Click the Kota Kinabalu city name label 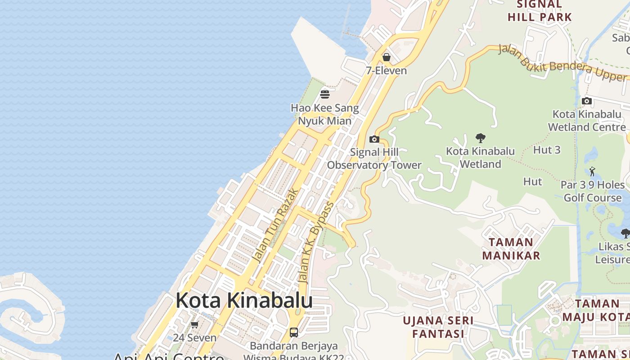pos(244,300)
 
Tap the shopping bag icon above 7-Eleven pos(386,57)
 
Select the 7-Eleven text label pos(386,71)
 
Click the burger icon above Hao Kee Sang pos(325,94)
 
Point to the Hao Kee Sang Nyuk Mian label pos(325,114)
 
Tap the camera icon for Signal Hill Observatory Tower pos(374,139)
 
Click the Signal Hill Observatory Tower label pos(374,158)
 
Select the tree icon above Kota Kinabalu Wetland pos(480,138)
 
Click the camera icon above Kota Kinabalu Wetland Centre pos(587,101)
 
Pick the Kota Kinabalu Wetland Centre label pos(587,121)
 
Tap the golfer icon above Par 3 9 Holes pos(592,171)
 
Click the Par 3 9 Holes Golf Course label pos(593,191)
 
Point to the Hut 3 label pos(547,150)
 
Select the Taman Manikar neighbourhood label pos(511,249)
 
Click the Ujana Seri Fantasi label pos(438,327)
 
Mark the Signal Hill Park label pos(540,11)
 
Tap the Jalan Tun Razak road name pos(275,225)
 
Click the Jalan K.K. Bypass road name pos(317,243)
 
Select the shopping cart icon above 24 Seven pos(194,324)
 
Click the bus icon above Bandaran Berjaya pos(294,333)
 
